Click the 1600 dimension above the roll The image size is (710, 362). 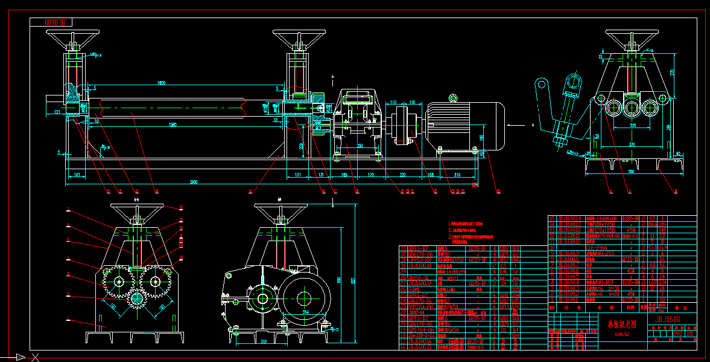pyautogui.click(x=161, y=82)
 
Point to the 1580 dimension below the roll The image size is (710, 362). pyautogui.click(x=173, y=125)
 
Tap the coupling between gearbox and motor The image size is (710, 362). pyautogui.click(x=399, y=128)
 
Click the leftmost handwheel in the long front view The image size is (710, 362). pyautogui.click(x=72, y=37)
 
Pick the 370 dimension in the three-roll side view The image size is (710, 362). pyautogui.click(x=632, y=144)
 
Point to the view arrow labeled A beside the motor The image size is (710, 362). pyautogui.click(x=518, y=124)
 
